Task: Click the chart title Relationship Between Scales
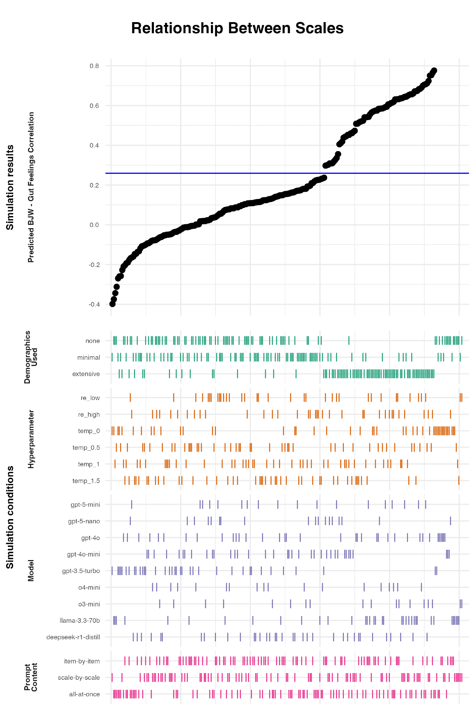point(237,28)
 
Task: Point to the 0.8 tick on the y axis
point(94,66)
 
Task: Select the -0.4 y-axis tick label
point(94,304)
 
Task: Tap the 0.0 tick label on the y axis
point(94,225)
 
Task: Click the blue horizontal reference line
point(249,173)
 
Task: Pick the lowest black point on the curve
point(113,304)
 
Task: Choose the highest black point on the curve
point(434,71)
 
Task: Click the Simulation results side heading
point(10,187)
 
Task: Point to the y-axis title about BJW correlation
point(31,187)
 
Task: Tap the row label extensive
point(86,374)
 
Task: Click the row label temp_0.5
point(86,448)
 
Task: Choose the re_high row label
point(89,415)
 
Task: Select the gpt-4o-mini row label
point(83,554)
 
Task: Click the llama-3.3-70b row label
point(80,621)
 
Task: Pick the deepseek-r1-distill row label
point(73,637)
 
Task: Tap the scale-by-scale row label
point(79,678)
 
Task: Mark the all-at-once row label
point(84,694)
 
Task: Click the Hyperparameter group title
point(31,439)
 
